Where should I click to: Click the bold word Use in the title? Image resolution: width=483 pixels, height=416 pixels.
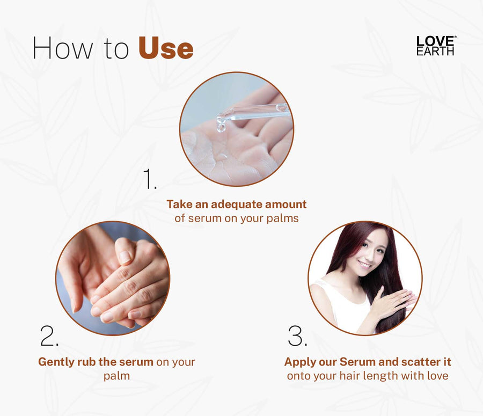click(x=166, y=48)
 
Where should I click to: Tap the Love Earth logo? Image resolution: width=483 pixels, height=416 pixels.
click(x=436, y=46)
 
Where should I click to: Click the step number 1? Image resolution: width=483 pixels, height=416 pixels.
click(x=150, y=179)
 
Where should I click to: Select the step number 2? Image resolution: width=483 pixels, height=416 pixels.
click(x=49, y=335)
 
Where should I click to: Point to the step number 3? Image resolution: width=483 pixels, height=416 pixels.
click(x=297, y=335)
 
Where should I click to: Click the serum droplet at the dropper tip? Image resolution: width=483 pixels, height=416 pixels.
click(x=221, y=127)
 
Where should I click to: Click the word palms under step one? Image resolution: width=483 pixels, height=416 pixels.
click(x=282, y=218)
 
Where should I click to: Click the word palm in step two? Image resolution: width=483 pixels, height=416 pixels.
click(x=116, y=376)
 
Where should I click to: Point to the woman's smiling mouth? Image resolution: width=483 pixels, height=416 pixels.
click(x=364, y=265)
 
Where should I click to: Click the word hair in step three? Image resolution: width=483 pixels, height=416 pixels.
click(x=350, y=376)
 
